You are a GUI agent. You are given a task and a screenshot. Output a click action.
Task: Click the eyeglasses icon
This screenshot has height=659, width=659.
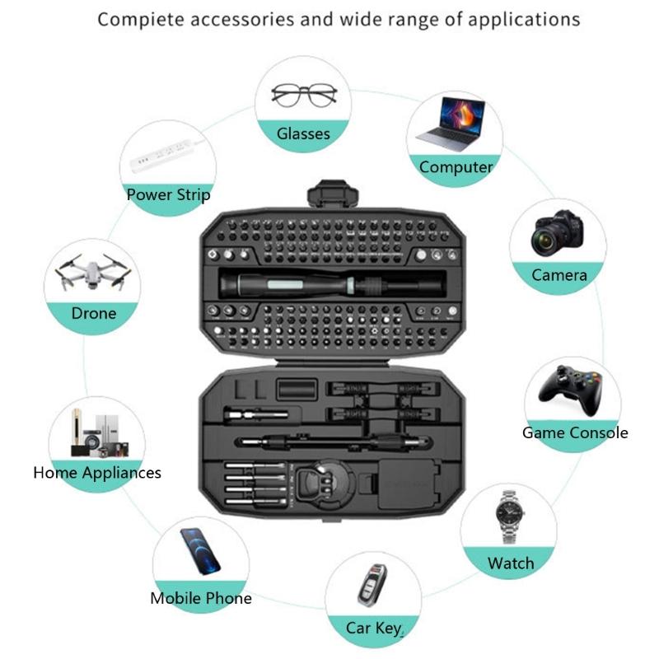coord(304,95)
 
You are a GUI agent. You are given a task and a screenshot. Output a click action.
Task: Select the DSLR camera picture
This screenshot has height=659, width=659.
coord(559,233)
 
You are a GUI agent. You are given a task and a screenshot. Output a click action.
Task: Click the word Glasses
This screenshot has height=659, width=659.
coord(303,133)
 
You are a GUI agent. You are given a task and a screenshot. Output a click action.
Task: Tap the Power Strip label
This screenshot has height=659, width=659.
coord(168,195)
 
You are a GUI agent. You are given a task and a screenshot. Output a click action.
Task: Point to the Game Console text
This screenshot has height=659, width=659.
coord(575,432)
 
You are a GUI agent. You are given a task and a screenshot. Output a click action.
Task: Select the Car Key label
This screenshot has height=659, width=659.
coord(372,629)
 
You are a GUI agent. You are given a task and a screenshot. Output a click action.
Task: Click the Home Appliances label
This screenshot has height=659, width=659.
coord(97,473)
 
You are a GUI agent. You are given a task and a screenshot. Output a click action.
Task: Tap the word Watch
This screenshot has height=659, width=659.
coord(511,563)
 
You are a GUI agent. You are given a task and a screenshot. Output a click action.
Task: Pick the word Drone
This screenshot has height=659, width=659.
coord(94,314)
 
